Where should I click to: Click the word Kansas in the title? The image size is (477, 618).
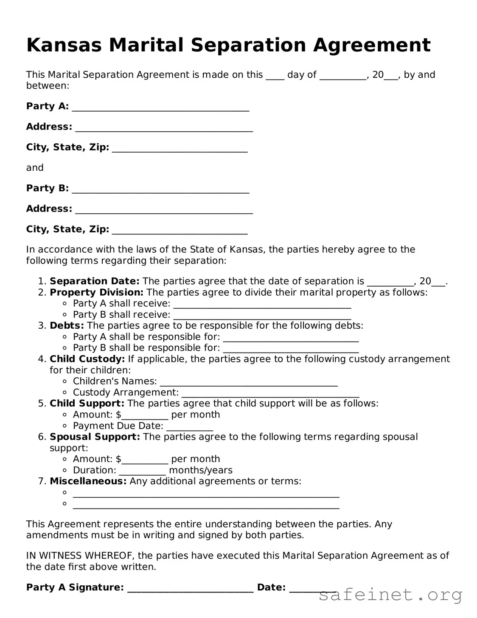coord(64,45)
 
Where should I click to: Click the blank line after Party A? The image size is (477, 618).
coord(160,108)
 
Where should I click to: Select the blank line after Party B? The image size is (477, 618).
coord(160,190)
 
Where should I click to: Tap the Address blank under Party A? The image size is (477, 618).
coord(164,129)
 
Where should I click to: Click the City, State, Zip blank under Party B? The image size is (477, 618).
coord(180,231)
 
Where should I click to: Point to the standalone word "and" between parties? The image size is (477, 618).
coord(35,168)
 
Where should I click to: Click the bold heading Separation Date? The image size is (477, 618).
coord(94,281)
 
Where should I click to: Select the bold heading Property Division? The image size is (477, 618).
coord(96,292)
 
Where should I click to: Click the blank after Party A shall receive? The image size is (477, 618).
coord(262,305)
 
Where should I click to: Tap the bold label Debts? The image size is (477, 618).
coord(67,326)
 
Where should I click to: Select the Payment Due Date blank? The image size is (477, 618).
coord(190,428)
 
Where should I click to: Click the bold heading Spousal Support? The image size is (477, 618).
coord(95,437)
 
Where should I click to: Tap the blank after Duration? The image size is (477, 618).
coord(142,472)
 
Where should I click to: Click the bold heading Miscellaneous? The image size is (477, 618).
coord(88,481)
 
